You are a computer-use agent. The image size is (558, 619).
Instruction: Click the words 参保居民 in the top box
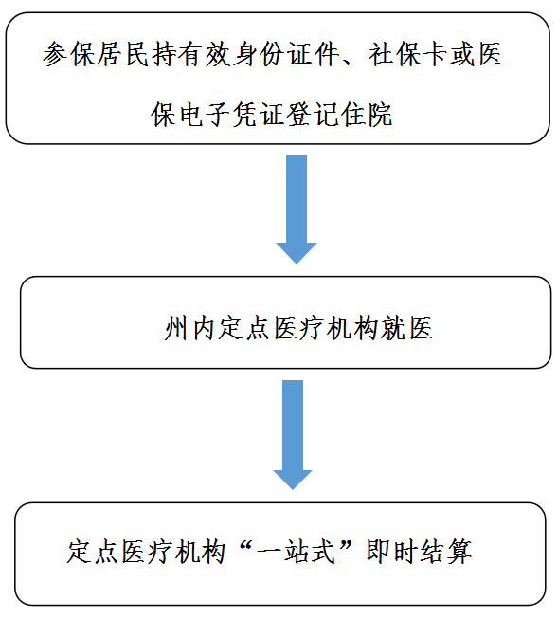point(96,54)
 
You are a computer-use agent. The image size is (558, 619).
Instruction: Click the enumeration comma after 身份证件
point(350,62)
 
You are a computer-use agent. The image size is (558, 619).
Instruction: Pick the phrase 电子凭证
point(231,115)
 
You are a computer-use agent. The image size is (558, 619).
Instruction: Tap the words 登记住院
point(339,115)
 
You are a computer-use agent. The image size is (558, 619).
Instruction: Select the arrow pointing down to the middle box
point(297,209)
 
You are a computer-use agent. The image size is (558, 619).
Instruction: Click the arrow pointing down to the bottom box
point(293,435)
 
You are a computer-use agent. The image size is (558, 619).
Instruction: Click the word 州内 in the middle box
point(189,328)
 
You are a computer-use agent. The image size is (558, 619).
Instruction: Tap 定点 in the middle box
point(243,328)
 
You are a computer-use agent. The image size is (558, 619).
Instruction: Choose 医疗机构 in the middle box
point(325,328)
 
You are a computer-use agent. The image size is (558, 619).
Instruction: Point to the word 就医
point(406,328)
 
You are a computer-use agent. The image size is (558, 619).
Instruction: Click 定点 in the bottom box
point(93,552)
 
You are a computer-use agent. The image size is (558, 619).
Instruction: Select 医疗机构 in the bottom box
point(173,552)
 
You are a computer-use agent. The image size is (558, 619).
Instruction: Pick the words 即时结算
point(419,552)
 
